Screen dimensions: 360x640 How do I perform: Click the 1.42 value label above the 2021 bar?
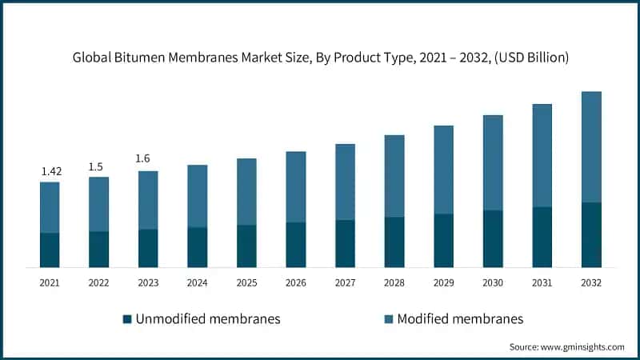click(50, 171)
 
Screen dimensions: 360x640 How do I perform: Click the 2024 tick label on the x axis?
click(198, 282)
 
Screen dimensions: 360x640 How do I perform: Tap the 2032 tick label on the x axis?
click(591, 282)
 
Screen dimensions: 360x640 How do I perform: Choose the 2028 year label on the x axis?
click(394, 282)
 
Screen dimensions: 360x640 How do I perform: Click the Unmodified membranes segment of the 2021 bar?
click(50, 250)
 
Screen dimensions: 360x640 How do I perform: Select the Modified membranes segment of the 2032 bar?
click(591, 147)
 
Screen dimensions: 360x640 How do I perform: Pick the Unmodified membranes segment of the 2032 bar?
click(591, 234)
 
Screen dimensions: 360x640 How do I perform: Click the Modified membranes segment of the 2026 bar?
click(296, 187)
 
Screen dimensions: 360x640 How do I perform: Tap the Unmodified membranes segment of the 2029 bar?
click(444, 240)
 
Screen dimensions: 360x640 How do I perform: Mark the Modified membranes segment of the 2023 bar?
click(148, 200)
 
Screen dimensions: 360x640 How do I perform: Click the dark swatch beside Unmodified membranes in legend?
click(127, 319)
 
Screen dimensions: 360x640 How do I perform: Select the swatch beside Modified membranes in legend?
click(389, 319)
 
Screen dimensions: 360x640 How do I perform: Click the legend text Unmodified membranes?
click(208, 319)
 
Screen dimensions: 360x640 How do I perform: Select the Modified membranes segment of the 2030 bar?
click(493, 163)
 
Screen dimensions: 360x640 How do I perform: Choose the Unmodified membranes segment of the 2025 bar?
click(247, 246)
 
